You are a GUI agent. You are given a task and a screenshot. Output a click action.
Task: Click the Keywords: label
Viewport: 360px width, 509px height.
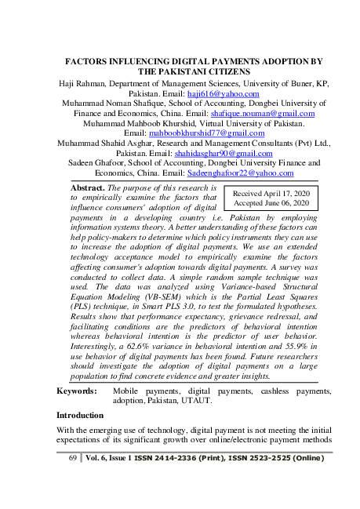[78, 390]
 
